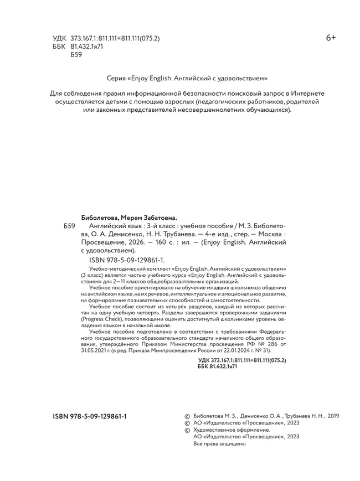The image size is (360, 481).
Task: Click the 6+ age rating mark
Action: coord(331,38)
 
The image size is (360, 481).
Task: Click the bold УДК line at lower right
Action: coord(242,360)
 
